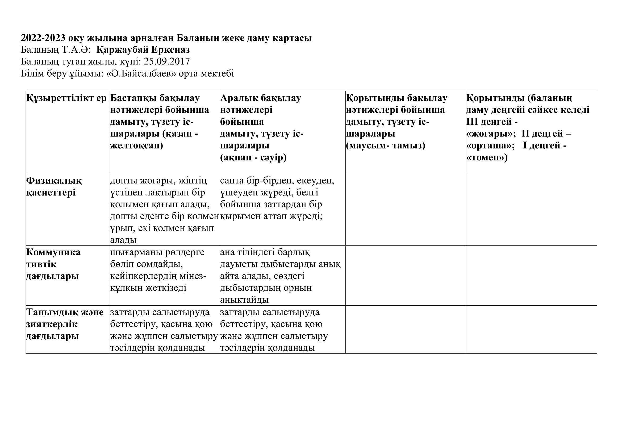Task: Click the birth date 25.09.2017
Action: point(167,62)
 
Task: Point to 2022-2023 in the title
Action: point(43,38)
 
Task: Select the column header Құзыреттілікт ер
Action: point(67,98)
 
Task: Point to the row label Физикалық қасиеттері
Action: point(54,187)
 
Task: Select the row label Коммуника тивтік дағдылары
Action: point(53,264)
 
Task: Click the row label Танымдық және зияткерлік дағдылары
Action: point(65,324)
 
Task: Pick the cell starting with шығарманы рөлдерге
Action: point(158,270)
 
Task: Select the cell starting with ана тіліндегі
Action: point(280,276)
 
